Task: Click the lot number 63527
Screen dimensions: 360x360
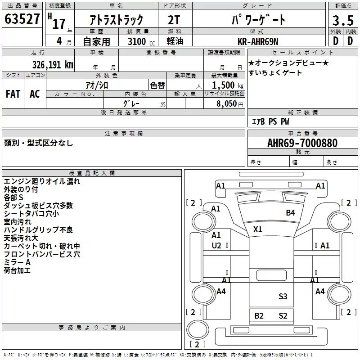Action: point(22,19)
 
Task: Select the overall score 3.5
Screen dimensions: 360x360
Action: point(343,20)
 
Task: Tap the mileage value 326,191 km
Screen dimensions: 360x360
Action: point(53,65)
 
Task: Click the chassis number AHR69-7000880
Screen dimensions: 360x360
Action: point(302,143)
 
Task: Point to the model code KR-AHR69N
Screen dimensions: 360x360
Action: point(258,41)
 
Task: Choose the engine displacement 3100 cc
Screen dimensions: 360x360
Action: point(141,41)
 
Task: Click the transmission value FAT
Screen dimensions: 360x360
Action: point(13,94)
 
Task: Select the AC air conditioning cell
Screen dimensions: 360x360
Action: point(35,94)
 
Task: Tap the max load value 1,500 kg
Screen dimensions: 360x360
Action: point(228,85)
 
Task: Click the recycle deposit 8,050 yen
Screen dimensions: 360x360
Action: point(229,104)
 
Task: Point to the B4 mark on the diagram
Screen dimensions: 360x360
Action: point(290,212)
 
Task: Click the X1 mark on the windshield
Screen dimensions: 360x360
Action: point(257,229)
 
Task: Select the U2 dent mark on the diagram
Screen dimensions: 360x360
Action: point(216,246)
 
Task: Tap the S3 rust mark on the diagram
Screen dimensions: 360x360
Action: point(283,297)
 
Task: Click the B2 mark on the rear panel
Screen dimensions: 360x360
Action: point(259,316)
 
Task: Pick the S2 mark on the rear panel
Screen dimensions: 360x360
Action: point(283,316)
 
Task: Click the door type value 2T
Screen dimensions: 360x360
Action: point(174,20)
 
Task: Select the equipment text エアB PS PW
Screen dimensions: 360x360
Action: point(270,121)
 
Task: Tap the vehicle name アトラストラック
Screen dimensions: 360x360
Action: point(116,20)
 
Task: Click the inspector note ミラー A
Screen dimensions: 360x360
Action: point(17,262)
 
